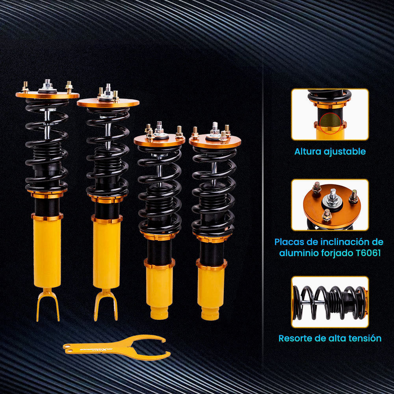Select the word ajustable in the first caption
pyautogui.click(x=346, y=151)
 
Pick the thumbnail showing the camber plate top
pyautogui.click(x=330, y=205)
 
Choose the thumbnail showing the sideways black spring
pyautogui.click(x=330, y=302)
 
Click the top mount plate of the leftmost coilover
pyautogui.click(x=47, y=95)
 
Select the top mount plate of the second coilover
pyautogui.click(x=108, y=103)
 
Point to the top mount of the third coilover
pyautogui.click(x=159, y=140)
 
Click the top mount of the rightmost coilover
pyautogui.click(x=215, y=141)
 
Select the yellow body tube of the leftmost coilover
pyautogui.click(x=47, y=252)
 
